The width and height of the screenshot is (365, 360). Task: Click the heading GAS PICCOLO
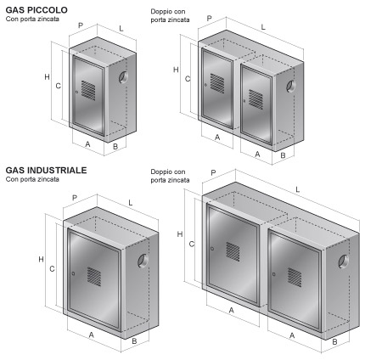pos(36,10)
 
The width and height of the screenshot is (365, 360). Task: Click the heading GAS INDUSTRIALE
pos(46,170)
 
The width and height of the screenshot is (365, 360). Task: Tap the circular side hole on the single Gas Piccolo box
pos(123,77)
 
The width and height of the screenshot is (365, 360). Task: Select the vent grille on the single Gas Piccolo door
pos(88,90)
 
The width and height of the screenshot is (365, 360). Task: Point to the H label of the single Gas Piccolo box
pos(47,76)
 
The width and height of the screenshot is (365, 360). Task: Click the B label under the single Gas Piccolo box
pos(115,147)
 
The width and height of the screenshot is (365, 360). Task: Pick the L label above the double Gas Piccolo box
pos(263,27)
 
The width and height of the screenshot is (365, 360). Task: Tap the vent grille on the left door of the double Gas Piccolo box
pos(217,83)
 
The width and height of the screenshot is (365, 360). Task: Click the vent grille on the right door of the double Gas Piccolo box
pos(255,99)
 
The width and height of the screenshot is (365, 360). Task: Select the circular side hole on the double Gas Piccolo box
pos(290,87)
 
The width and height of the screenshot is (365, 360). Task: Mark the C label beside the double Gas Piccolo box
pos(188,79)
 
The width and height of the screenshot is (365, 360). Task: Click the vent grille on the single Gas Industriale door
pos(94,277)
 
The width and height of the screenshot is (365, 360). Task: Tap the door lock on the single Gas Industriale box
pos(73,273)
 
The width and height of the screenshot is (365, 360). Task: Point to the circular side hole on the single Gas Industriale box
pos(143,261)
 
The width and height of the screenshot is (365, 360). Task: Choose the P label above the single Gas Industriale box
pos(75,198)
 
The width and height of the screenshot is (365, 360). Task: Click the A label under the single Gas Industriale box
pos(91,335)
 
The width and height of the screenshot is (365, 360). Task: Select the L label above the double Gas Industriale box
pos(297,189)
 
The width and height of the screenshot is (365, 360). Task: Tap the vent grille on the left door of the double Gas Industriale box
pos(233,251)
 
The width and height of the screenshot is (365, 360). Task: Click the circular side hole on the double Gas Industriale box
pos(344,262)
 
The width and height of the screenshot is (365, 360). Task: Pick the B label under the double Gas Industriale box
pos(334,342)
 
